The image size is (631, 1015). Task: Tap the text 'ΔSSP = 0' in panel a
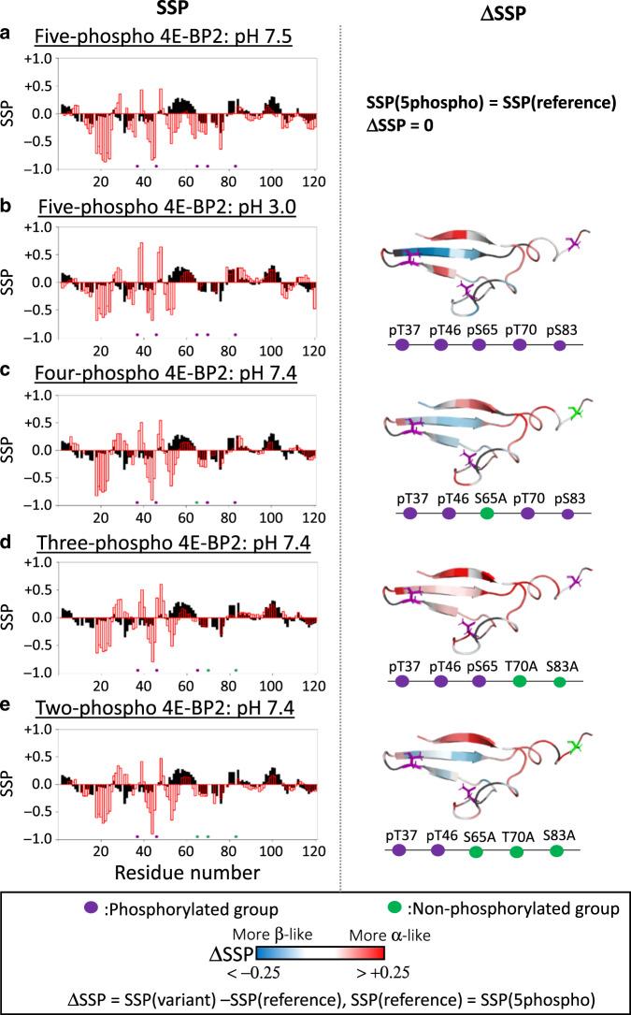pyautogui.click(x=405, y=123)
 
